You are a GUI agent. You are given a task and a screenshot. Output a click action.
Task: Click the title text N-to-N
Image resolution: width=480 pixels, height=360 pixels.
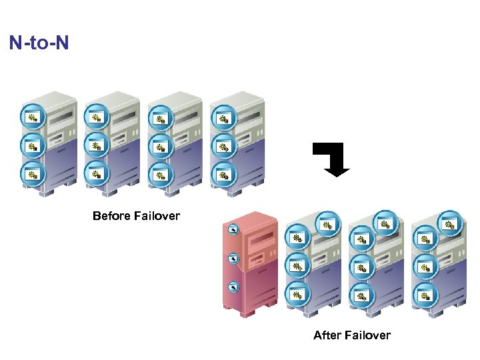(39, 44)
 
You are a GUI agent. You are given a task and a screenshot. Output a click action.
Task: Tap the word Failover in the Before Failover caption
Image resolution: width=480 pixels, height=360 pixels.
(157, 216)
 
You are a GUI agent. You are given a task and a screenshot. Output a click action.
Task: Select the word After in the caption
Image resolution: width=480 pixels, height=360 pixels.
(327, 335)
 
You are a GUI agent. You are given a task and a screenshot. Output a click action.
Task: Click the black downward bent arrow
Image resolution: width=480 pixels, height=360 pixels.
(333, 159)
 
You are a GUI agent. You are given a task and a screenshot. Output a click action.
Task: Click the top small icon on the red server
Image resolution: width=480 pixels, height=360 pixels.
(233, 230)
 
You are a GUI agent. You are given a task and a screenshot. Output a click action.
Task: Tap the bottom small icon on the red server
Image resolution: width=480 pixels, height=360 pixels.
(233, 287)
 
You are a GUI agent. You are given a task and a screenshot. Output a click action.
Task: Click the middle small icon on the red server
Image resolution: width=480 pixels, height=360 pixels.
(233, 258)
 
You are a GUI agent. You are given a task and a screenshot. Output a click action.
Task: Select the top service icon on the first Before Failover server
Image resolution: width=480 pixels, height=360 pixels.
(32, 117)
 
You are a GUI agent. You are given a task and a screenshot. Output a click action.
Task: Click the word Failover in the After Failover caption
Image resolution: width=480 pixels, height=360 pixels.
(366, 335)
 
